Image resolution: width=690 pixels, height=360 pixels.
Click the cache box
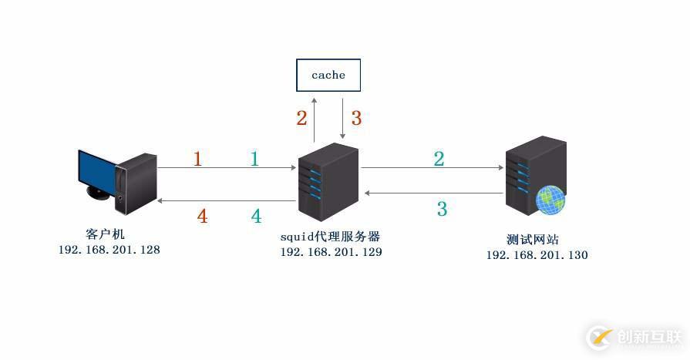[x=328, y=75]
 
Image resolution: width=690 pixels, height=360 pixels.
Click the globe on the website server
[x=550, y=200]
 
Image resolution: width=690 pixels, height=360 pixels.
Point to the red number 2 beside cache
[x=301, y=118]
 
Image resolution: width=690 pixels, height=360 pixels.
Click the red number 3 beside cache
[x=356, y=118]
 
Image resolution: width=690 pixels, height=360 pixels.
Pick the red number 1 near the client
[x=197, y=160]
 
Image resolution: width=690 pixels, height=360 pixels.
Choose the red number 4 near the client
[x=202, y=217]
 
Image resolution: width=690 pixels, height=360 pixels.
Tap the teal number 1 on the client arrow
[x=254, y=160]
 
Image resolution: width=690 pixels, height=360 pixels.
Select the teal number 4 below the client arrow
[x=256, y=217]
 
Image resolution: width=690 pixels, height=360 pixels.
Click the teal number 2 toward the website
[x=439, y=160]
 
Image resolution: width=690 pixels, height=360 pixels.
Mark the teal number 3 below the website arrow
[x=442, y=209]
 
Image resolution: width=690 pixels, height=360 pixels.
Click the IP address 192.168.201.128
[x=109, y=250]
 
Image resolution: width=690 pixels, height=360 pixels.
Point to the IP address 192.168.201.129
[x=331, y=252]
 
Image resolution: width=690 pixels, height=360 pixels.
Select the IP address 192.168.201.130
[x=537, y=255]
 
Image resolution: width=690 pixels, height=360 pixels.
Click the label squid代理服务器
[x=330, y=236]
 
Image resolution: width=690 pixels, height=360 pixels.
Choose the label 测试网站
[x=534, y=240]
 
